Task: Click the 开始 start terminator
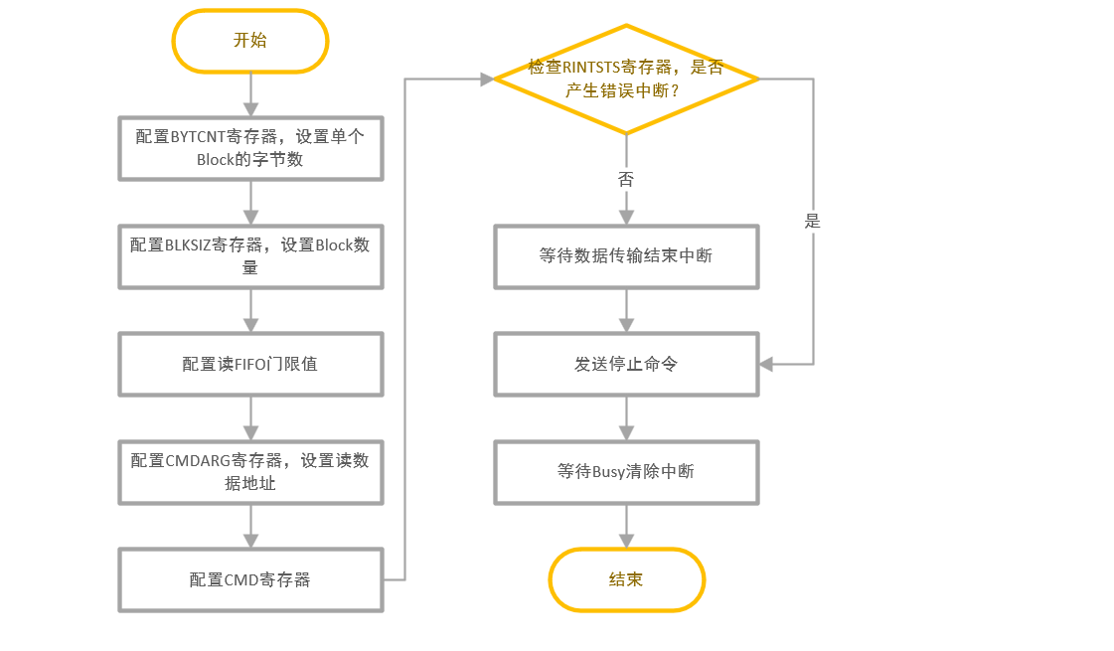[250, 41]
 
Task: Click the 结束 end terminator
[626, 579]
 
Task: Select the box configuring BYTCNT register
[250, 148]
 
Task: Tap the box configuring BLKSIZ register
[250, 255]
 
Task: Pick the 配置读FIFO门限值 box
[250, 364]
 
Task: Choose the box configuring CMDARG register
[250, 472]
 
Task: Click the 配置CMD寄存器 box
[250, 579]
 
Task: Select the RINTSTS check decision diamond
[626, 79]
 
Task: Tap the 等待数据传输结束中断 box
[626, 256]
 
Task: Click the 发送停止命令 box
[626, 364]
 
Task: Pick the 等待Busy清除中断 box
[626, 472]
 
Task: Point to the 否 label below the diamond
[626, 180]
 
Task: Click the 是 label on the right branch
[813, 221]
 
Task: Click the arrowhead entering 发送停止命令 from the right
[766, 364]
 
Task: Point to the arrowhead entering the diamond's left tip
[487, 79]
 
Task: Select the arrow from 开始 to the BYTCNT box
[250, 94]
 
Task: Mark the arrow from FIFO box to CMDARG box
[250, 417]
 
